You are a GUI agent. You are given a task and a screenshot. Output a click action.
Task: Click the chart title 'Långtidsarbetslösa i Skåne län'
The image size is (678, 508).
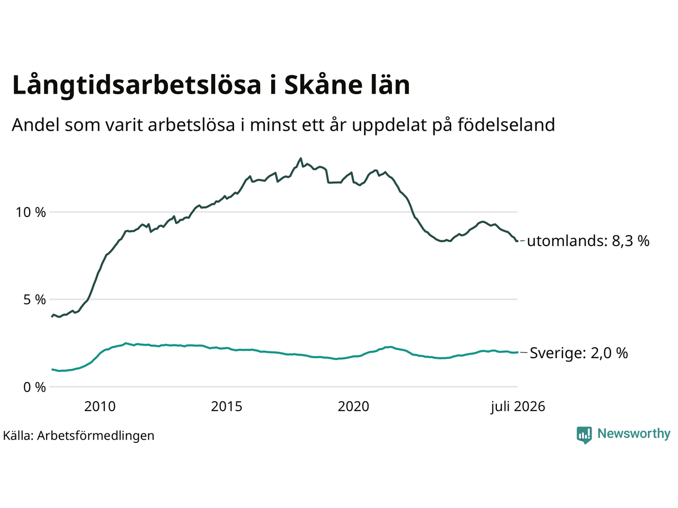tap(211, 85)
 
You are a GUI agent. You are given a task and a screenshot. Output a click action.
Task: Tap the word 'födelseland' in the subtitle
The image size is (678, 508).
tap(506, 125)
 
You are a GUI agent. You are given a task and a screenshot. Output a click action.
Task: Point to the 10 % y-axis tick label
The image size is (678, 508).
tap(31, 212)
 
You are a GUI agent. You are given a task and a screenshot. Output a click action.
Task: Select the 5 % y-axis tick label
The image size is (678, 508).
tap(34, 300)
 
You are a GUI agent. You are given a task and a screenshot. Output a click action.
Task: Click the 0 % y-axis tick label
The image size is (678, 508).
tap(34, 387)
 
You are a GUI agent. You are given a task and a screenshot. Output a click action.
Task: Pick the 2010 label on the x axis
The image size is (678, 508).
tap(100, 406)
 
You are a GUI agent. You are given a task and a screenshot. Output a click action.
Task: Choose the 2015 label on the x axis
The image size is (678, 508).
tap(226, 406)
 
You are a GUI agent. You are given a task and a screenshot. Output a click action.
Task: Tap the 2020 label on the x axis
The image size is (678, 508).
tap(353, 406)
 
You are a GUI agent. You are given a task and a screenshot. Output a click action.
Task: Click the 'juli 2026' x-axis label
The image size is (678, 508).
tap(518, 407)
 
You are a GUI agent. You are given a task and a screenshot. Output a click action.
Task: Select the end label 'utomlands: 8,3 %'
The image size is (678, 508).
tap(588, 241)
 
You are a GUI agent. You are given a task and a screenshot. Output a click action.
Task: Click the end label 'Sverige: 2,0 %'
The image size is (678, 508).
tap(579, 353)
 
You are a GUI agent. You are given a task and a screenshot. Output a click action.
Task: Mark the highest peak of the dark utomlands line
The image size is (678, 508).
tap(300, 159)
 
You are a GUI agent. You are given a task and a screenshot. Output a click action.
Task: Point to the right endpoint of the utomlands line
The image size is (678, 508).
tap(517, 241)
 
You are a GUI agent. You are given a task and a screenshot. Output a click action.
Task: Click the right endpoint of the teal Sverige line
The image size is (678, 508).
tap(518, 352)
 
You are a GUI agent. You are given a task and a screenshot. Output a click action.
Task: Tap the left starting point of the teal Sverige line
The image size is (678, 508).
tap(52, 369)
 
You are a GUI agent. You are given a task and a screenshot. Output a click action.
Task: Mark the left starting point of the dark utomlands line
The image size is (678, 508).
tap(52, 316)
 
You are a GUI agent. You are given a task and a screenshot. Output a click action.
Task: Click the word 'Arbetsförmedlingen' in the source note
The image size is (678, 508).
tap(95, 436)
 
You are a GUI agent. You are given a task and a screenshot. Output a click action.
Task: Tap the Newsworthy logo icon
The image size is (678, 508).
tap(584, 435)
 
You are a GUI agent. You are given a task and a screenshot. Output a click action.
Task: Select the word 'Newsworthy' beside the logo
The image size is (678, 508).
tap(634, 434)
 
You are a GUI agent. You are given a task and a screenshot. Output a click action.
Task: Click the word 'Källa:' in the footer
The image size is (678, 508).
tap(18, 436)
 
